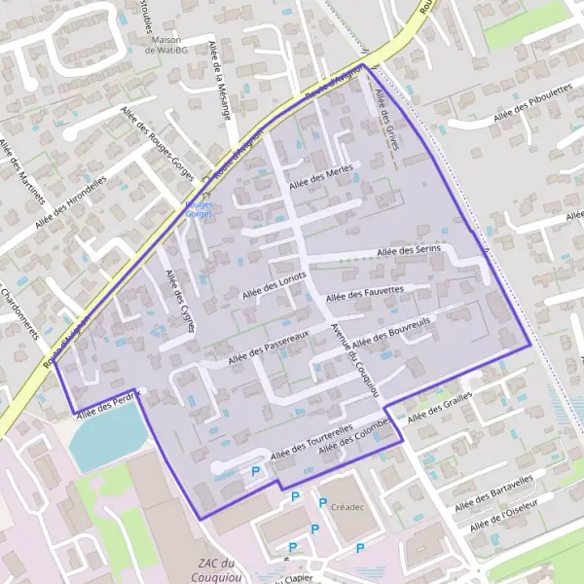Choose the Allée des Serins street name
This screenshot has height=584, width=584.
point(410,252)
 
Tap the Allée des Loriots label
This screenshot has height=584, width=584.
point(271,287)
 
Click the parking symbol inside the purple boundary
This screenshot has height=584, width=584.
point(256,472)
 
